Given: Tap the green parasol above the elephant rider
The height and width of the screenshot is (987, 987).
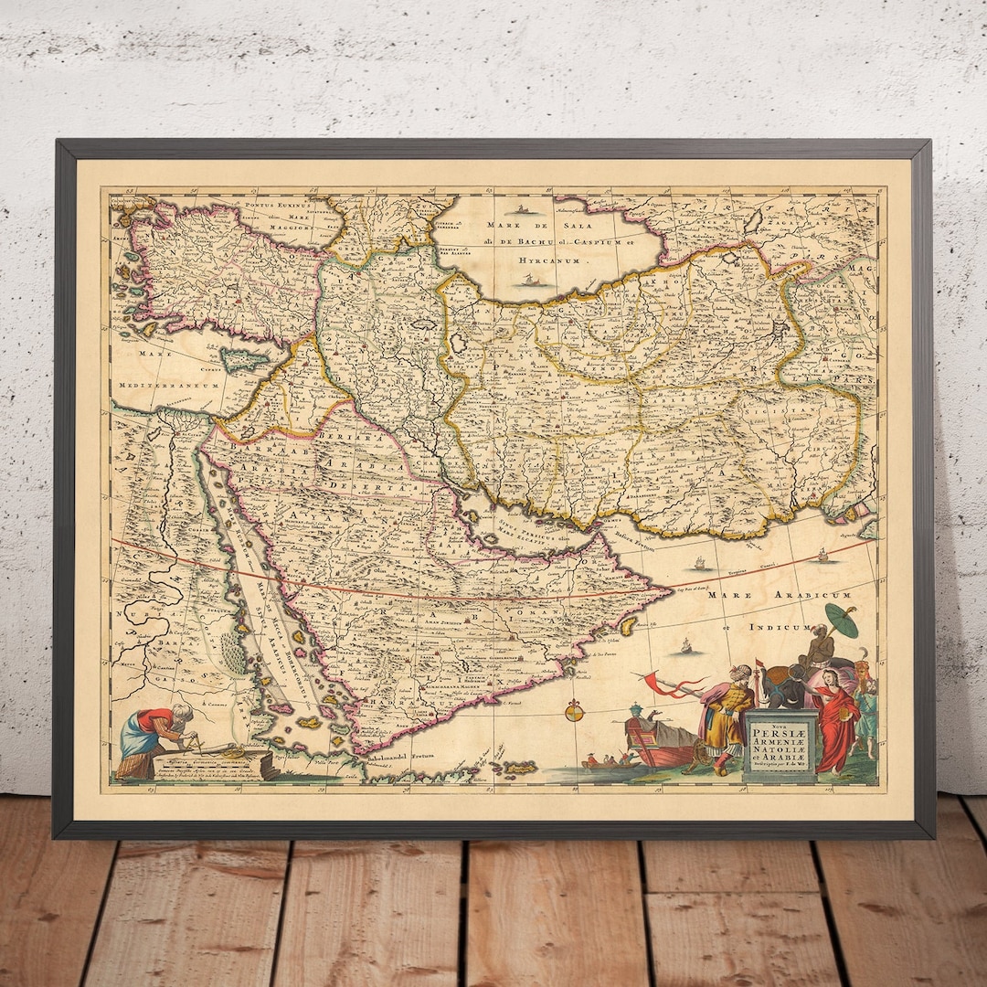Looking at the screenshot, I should click(841, 619).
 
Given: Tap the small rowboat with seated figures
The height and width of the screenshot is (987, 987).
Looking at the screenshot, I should click(603, 760).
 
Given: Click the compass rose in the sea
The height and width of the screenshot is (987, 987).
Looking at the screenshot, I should click(574, 709).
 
